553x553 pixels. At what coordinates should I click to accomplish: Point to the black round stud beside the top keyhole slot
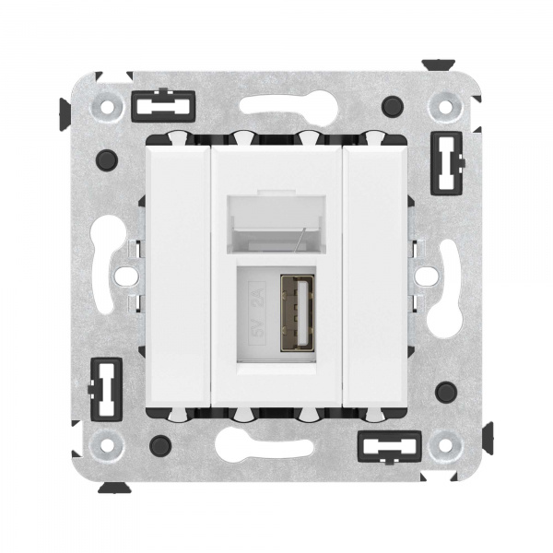pos(394,104)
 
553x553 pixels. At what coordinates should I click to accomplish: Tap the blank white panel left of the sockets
pos(178,272)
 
